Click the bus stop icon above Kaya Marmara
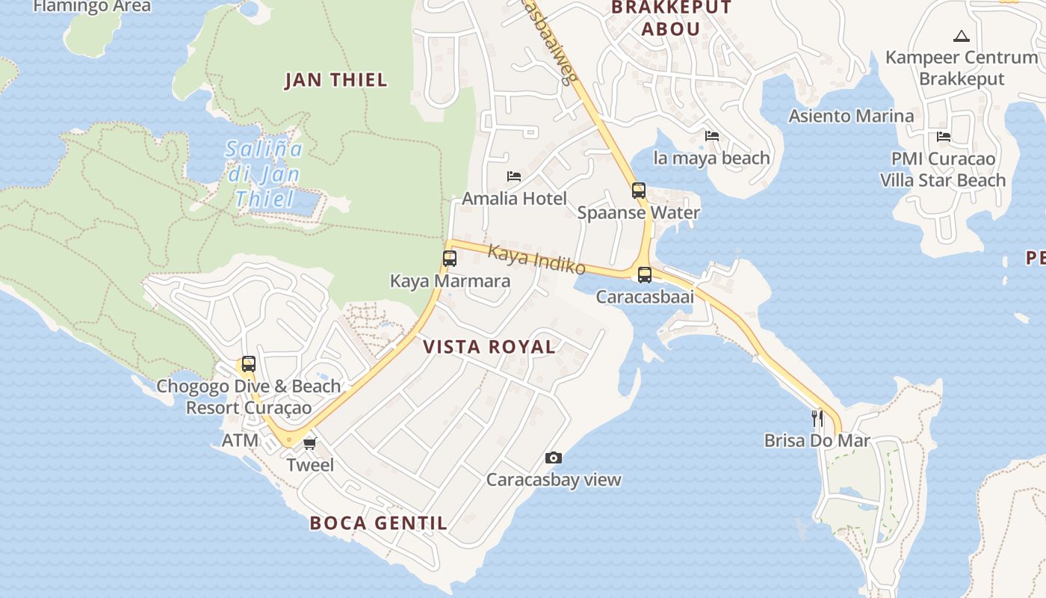[x=449, y=259]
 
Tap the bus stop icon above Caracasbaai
[x=644, y=274]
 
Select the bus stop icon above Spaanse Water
[x=638, y=190]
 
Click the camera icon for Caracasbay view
[x=553, y=457]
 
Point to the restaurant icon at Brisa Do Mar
[x=817, y=418]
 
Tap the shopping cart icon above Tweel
[x=310, y=443]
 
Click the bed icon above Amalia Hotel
[x=514, y=176]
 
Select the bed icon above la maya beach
[x=712, y=136]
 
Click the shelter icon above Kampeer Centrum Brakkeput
[x=961, y=36]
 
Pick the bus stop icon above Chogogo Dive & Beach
[x=248, y=364]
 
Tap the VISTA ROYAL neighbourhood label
[x=489, y=347]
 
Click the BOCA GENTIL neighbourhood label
[x=378, y=523]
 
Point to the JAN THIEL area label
[x=336, y=81]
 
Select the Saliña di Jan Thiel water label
[x=264, y=174]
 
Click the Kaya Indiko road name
[x=536, y=259]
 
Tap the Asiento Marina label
[x=851, y=116]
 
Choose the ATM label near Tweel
[x=240, y=441]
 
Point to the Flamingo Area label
[x=92, y=7]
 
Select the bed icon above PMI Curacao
[x=944, y=137]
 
